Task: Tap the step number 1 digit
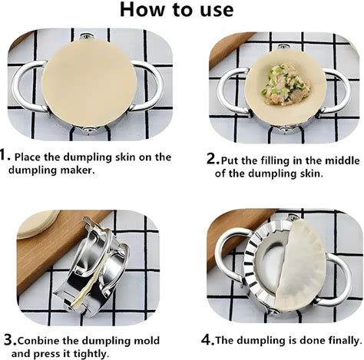(x=2, y=154)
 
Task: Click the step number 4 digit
(x=207, y=339)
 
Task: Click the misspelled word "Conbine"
(x=38, y=341)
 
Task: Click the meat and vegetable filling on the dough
(x=285, y=85)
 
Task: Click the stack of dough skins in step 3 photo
(x=38, y=223)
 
